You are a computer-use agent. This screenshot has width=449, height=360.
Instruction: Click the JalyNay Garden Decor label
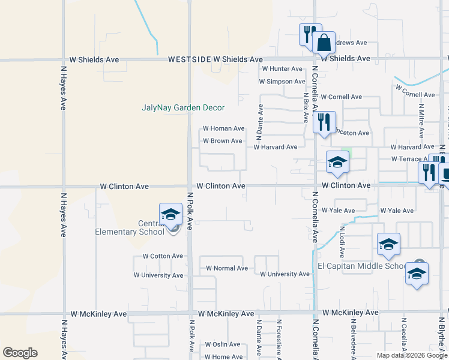coord(183,108)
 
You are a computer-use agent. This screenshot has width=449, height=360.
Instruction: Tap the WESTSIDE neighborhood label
coord(189,59)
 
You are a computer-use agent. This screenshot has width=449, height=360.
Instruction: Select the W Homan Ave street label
coord(223,128)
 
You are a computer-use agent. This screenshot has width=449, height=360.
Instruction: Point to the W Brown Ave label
coord(222,141)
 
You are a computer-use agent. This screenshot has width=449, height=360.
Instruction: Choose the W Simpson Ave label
coord(282,82)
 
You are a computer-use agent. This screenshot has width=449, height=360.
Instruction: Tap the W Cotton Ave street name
coord(163,256)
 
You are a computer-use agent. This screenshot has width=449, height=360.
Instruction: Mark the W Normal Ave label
coord(227,268)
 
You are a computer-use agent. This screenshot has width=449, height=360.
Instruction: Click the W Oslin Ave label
coord(222,344)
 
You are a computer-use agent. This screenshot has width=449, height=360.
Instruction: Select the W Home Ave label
coord(223,356)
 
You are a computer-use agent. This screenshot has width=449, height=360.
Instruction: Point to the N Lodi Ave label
coord(342,238)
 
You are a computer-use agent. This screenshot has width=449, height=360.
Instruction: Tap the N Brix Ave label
coord(306,107)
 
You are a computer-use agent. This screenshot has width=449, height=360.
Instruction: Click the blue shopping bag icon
coord(324,43)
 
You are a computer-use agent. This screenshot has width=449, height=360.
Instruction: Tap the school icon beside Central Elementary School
coord(170,214)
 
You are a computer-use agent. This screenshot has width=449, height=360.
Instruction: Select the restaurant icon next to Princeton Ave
coord(324,122)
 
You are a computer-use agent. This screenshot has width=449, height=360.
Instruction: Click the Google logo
coord(20,353)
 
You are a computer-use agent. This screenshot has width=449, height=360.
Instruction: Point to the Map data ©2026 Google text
coord(411,355)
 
